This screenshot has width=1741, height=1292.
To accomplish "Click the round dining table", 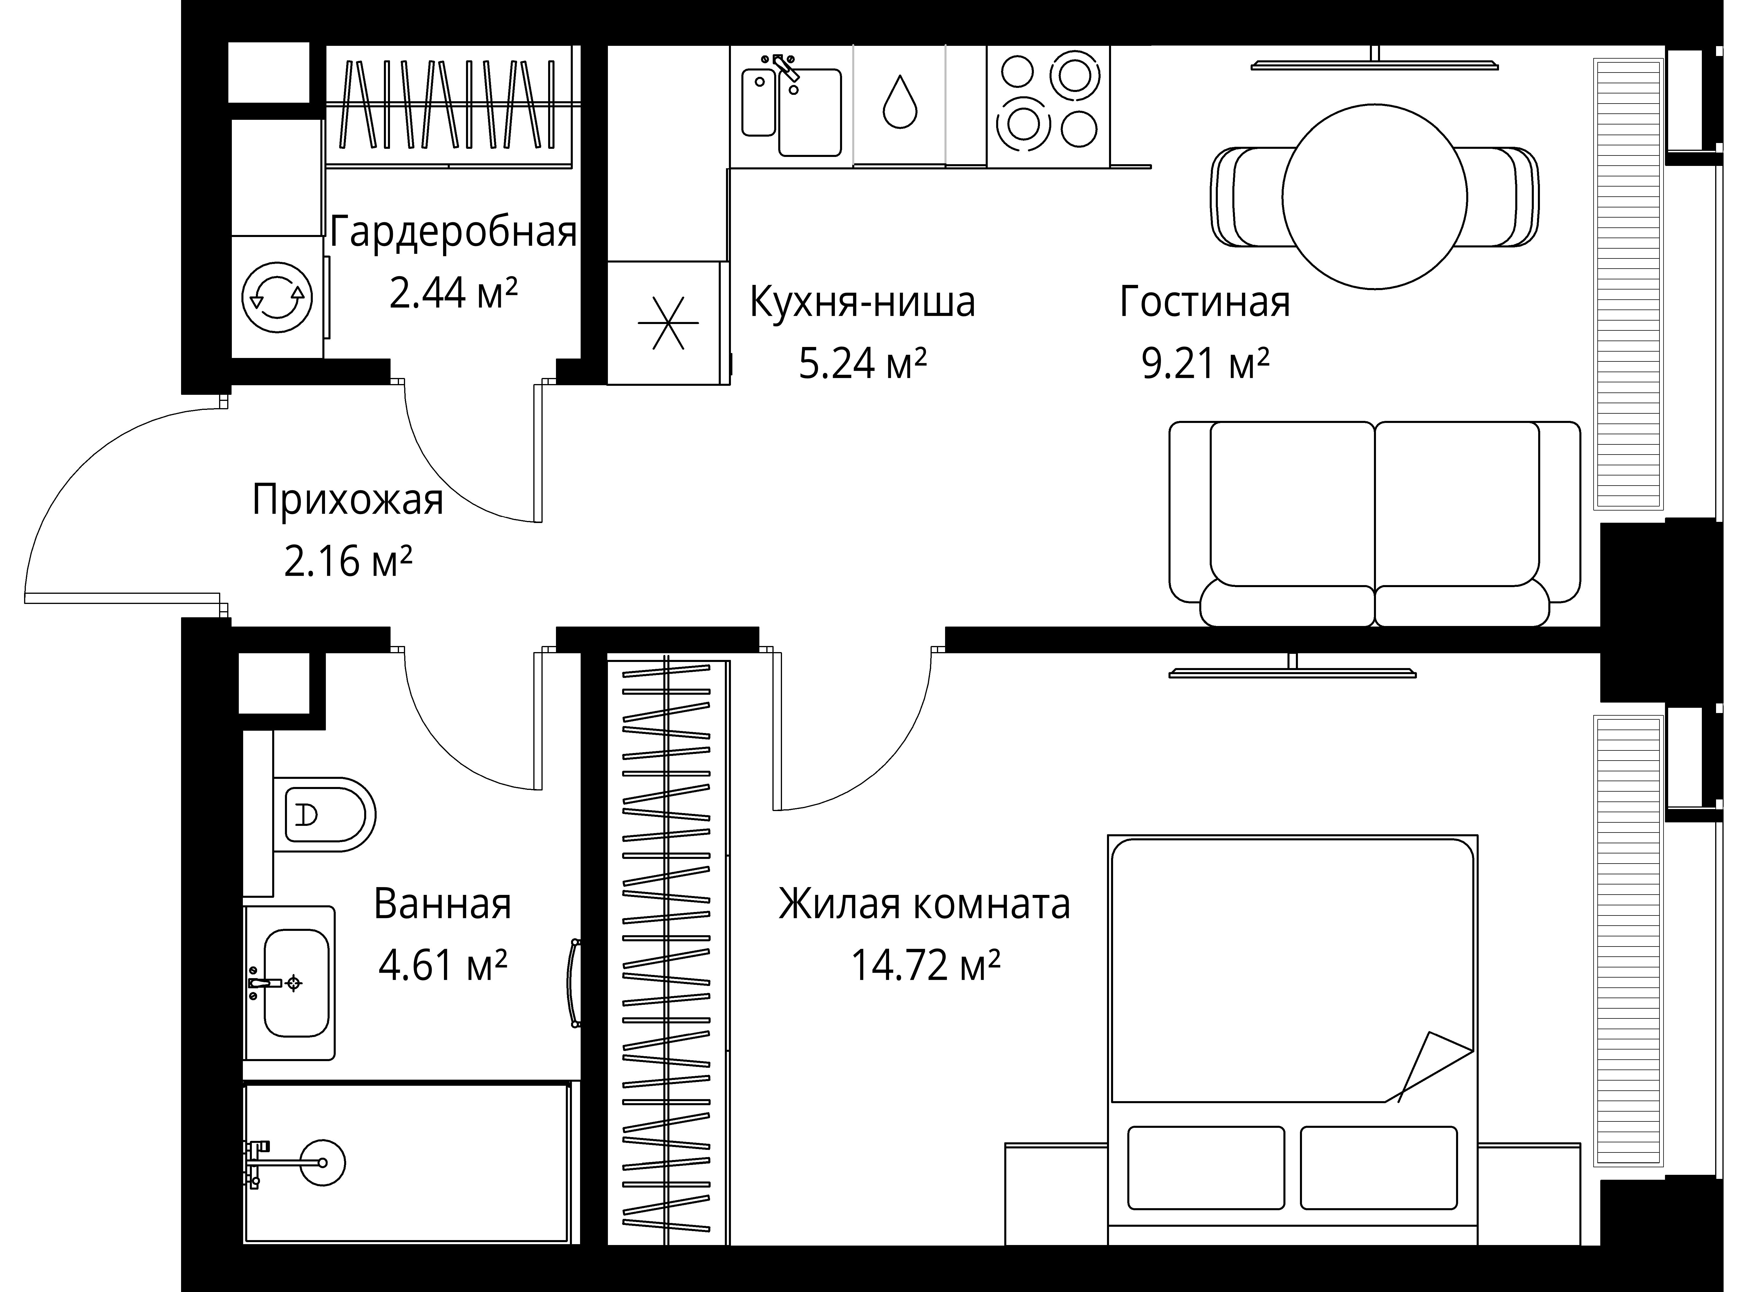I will pyautogui.click(x=1374, y=197).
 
